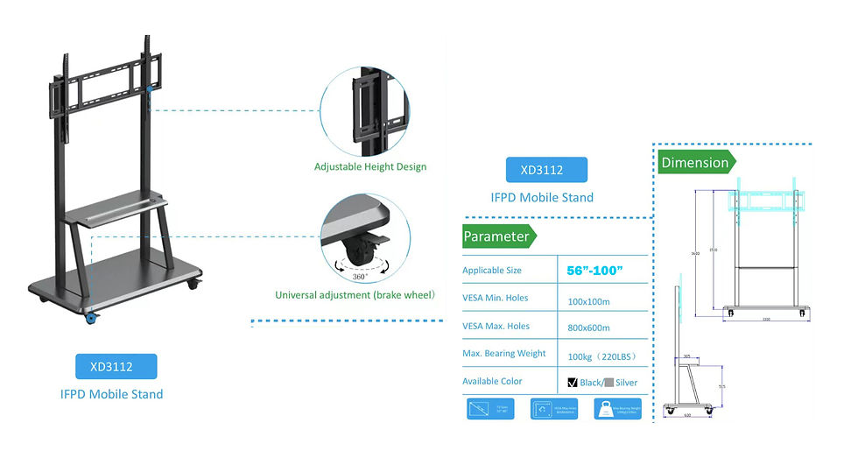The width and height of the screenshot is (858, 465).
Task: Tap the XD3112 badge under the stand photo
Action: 116,366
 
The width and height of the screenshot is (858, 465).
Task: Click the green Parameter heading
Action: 496,236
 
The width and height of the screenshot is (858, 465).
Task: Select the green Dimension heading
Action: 695,162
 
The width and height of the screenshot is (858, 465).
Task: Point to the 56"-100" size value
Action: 594,271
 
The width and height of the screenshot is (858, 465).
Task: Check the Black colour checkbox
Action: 573,382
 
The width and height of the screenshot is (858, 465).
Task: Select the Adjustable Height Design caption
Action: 370,166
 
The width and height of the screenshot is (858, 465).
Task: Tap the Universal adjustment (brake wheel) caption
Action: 355,295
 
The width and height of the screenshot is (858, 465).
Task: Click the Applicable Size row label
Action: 492,271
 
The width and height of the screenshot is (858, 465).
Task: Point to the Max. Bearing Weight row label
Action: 504,354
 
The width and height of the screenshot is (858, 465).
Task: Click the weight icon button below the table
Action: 617,409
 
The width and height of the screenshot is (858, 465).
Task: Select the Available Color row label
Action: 492,382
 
